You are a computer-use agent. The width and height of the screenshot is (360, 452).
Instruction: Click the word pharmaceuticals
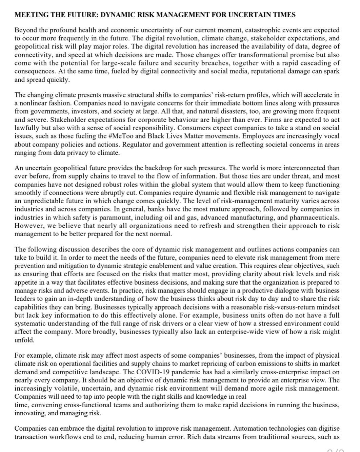[x=314, y=218]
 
